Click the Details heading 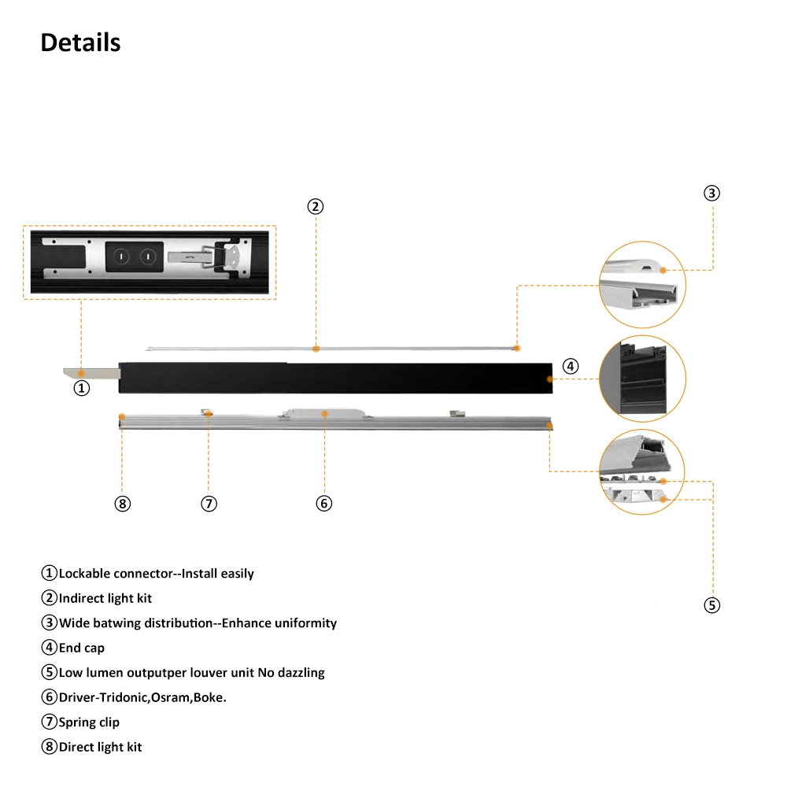click(x=80, y=42)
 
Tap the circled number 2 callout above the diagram click(x=315, y=207)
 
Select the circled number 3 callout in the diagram click(x=711, y=193)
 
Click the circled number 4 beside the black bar click(x=571, y=366)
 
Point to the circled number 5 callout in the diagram click(x=711, y=605)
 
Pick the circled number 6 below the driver click(x=324, y=504)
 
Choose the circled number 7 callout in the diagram click(x=209, y=504)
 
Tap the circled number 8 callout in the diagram click(x=122, y=504)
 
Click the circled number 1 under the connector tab click(x=82, y=388)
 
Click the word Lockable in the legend click(x=84, y=574)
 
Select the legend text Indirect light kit click(x=105, y=598)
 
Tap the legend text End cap click(x=82, y=648)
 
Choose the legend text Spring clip click(x=89, y=722)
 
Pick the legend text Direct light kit click(x=100, y=747)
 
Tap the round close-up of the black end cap click(x=642, y=379)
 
